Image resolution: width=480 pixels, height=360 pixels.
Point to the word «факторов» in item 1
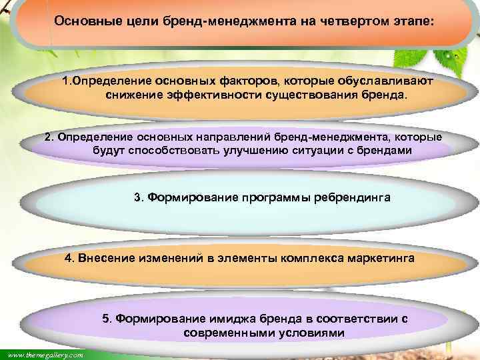pos(248,81)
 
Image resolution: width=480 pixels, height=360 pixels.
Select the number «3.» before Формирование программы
pos(139,198)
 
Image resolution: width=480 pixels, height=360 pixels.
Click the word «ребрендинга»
pos(353,198)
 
